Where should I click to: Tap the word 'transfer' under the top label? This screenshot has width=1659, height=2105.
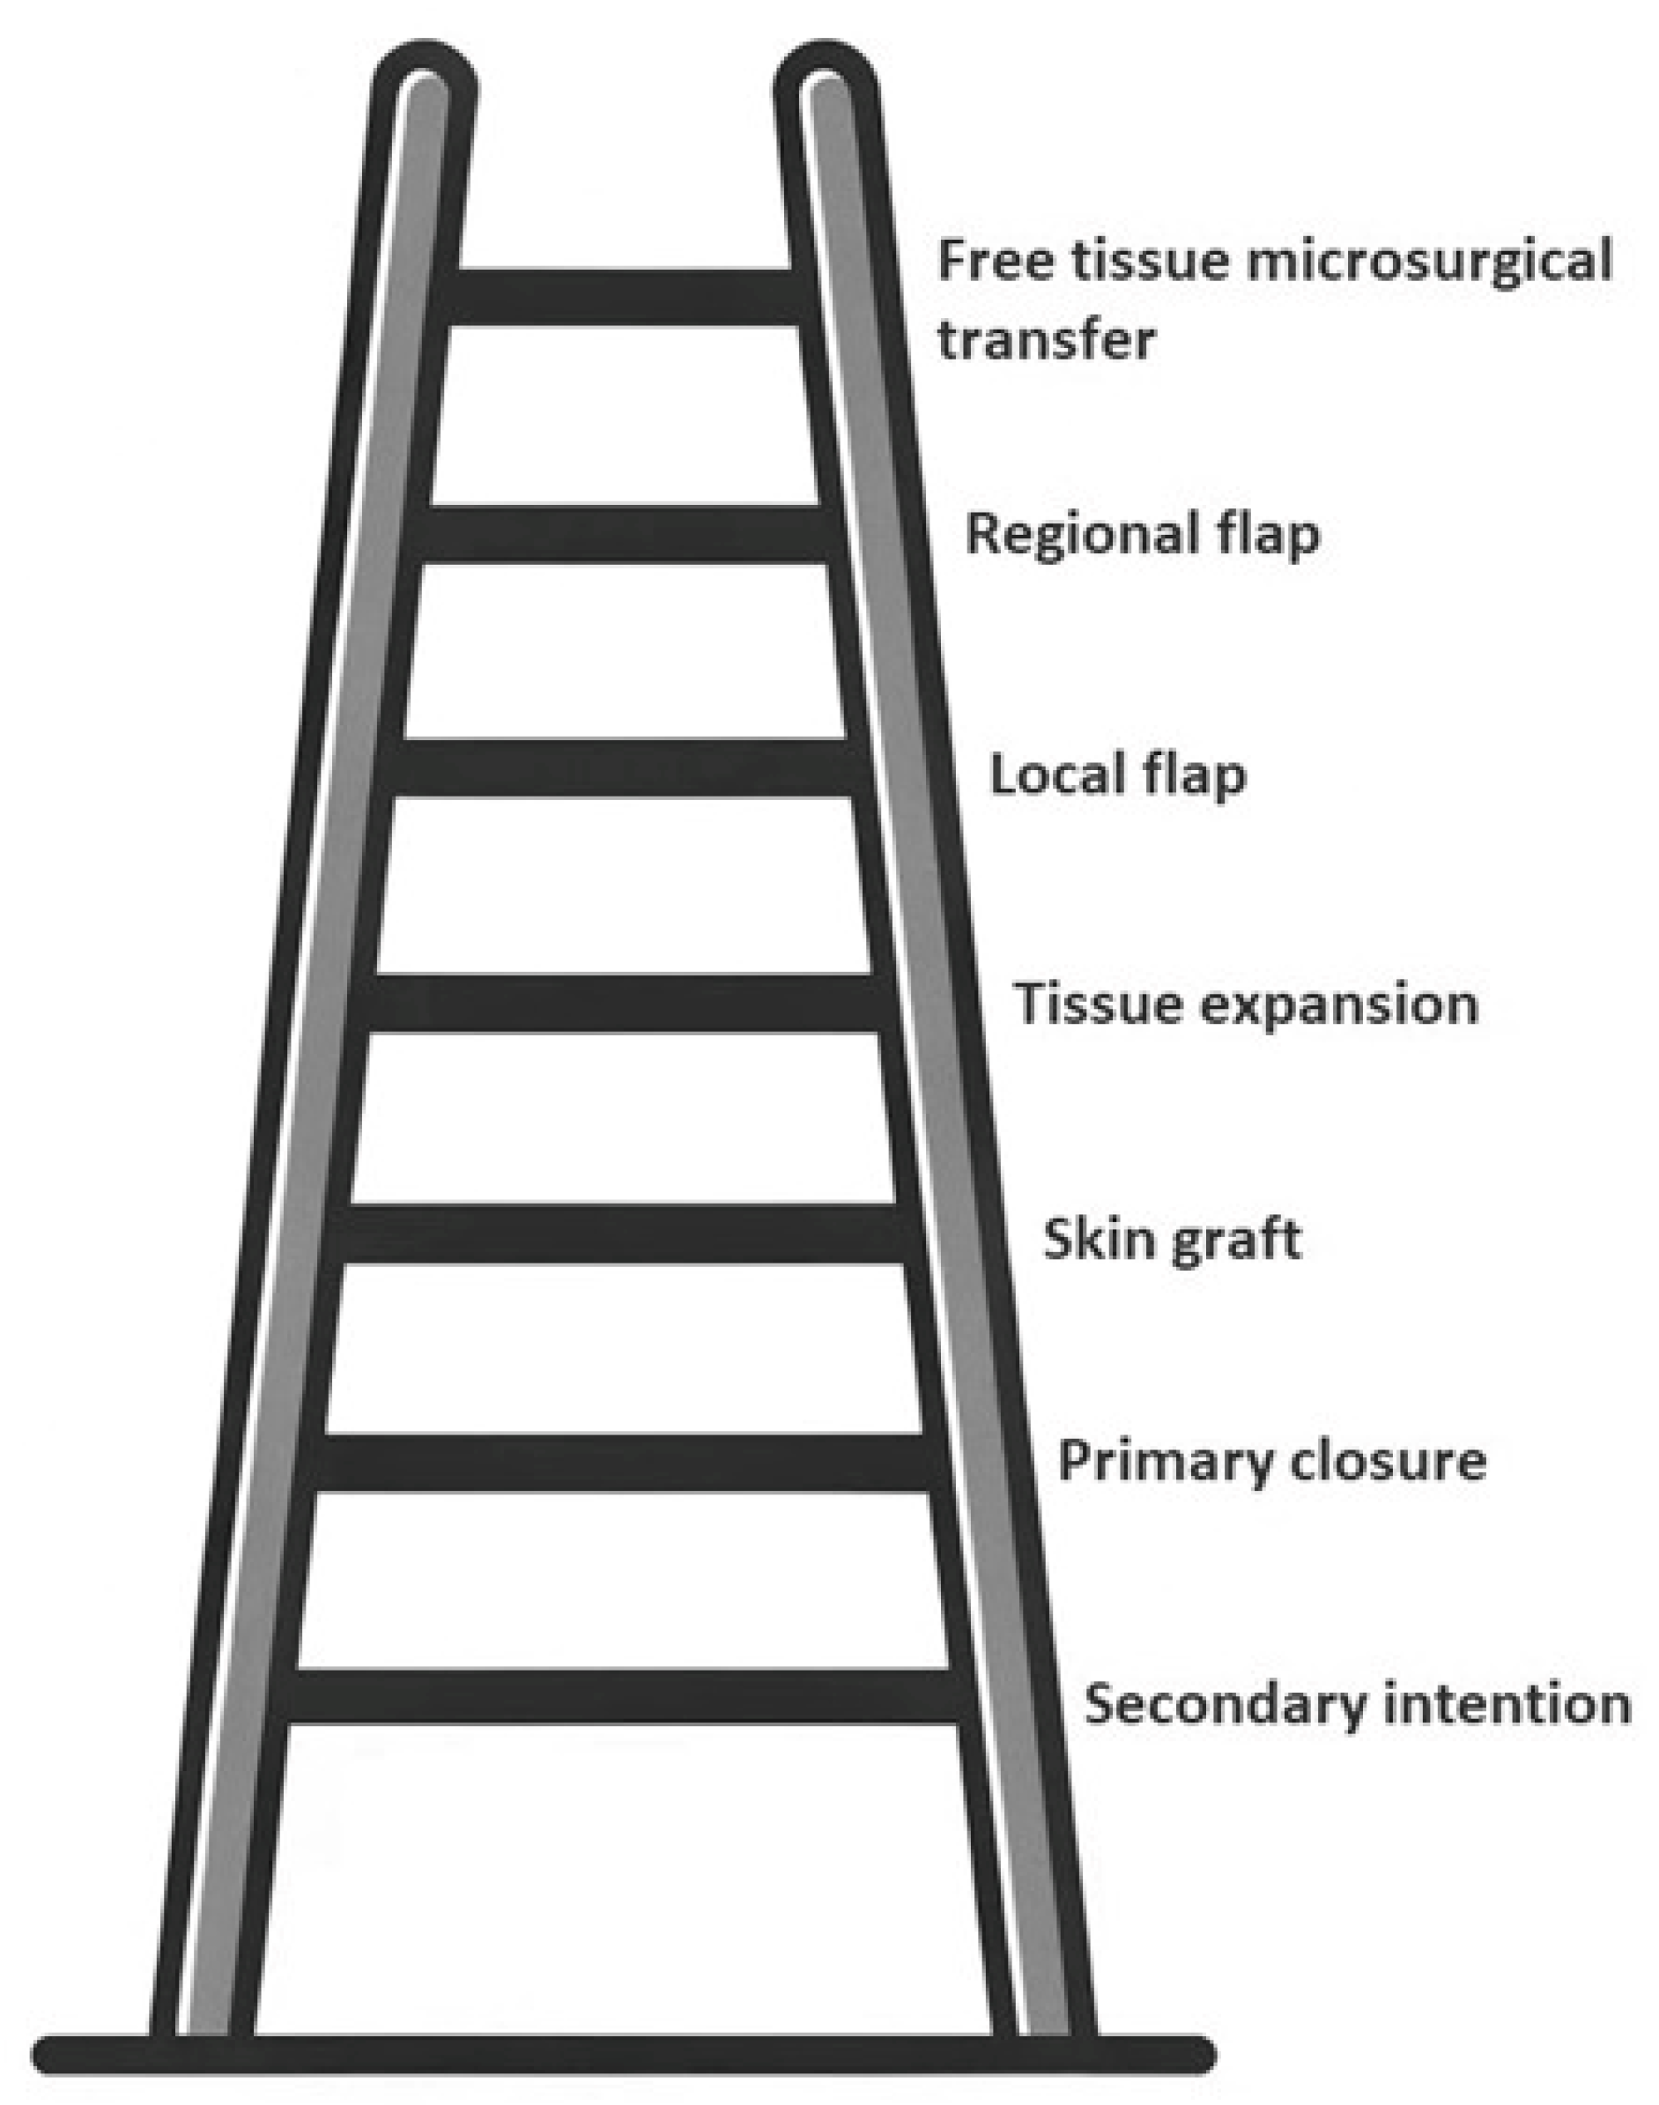pos(1046,340)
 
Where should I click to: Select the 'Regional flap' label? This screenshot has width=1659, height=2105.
pos(1142,534)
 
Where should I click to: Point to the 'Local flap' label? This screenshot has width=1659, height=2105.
pos(1117,775)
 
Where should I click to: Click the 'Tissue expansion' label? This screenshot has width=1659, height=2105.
pos(1246,1003)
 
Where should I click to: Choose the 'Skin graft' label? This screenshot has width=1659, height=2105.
pos(1172,1240)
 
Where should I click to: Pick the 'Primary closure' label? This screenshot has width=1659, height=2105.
pos(1271,1460)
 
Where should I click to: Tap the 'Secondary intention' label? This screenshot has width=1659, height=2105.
pos(1357,1703)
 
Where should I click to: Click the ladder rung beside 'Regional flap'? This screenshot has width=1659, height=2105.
pos(623,533)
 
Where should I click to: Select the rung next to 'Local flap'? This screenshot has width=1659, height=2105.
pos(623,767)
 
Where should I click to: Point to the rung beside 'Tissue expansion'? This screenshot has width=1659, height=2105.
pos(623,1003)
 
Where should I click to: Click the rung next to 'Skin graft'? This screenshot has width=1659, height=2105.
pos(623,1234)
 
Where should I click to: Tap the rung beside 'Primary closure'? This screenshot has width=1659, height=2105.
pos(623,1462)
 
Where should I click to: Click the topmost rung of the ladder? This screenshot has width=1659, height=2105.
pos(623,297)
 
